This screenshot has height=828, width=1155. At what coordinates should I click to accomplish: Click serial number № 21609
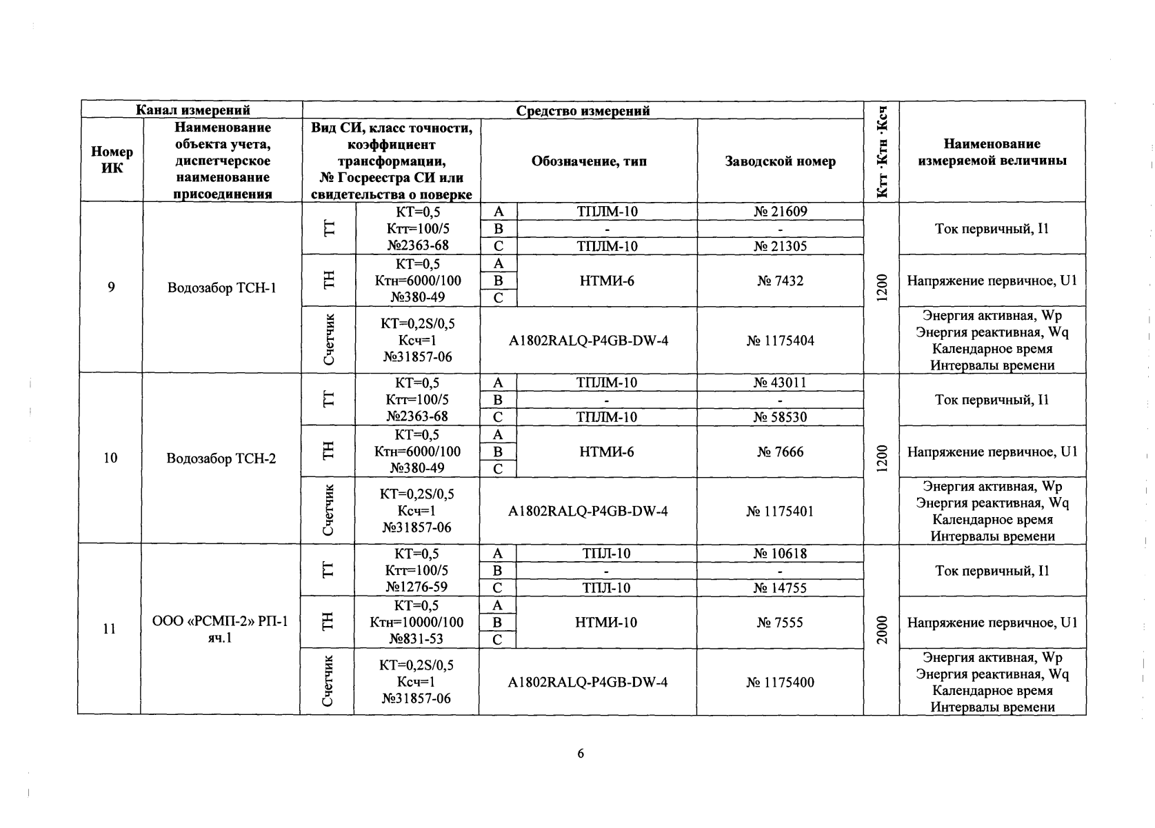click(x=780, y=212)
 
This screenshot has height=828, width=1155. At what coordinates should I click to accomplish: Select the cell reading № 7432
click(x=780, y=281)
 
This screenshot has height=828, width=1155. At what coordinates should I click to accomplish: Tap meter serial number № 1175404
click(x=780, y=341)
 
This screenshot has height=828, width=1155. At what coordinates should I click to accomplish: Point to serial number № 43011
click(x=780, y=383)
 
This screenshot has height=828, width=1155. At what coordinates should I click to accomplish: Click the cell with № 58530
click(x=780, y=417)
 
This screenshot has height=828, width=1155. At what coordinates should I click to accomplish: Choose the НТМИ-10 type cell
click(x=606, y=623)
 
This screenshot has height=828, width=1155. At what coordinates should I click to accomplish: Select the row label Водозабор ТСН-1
click(x=222, y=287)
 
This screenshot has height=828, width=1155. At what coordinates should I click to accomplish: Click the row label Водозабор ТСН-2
click(x=221, y=458)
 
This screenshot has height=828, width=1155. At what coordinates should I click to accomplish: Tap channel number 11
click(x=109, y=629)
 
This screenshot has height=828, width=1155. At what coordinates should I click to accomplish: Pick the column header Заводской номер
click(x=780, y=161)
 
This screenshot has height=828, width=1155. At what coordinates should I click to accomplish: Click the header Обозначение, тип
click(x=589, y=161)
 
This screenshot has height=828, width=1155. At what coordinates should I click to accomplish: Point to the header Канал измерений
click(x=192, y=110)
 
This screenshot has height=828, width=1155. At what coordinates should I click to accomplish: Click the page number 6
click(x=580, y=754)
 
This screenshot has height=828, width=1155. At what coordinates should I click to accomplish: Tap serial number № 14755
click(x=780, y=588)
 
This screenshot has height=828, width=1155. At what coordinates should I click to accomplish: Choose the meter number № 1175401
click(x=780, y=512)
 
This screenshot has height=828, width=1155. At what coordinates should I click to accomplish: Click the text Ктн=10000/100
click(x=416, y=623)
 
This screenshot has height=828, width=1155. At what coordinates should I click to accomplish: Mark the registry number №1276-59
click(x=416, y=587)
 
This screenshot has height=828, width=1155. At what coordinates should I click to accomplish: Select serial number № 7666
click(x=780, y=452)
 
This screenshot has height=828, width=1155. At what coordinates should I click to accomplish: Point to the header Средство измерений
click(x=583, y=110)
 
